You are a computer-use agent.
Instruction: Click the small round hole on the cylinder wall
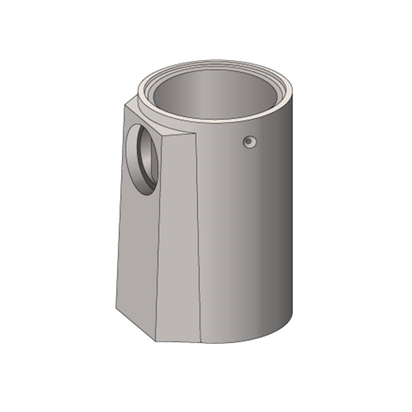(249, 141)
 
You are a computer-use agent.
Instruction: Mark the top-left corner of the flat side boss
(125, 102)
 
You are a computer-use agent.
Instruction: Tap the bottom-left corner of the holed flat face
(116, 308)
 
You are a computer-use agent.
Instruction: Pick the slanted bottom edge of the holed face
(134, 323)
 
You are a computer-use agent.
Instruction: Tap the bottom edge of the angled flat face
(178, 341)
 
